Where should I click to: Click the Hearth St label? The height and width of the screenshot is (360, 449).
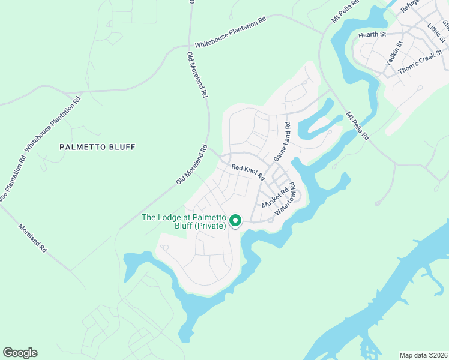372,35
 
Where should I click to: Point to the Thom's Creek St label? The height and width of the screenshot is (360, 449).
420,66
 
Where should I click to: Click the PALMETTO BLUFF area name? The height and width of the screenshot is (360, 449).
97,147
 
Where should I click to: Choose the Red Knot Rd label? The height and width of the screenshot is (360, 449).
248,172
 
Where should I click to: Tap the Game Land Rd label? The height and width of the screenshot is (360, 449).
282,142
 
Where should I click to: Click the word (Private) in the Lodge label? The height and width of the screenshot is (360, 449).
207,226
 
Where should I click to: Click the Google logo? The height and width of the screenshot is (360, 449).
20,353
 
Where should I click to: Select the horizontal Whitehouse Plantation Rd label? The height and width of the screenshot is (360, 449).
230,33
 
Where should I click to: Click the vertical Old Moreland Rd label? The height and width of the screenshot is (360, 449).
197,75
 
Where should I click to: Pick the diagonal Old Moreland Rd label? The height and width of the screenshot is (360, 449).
191,164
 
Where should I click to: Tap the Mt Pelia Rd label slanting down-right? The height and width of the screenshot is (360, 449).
358,125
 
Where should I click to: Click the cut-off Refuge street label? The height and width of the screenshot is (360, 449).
409,6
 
